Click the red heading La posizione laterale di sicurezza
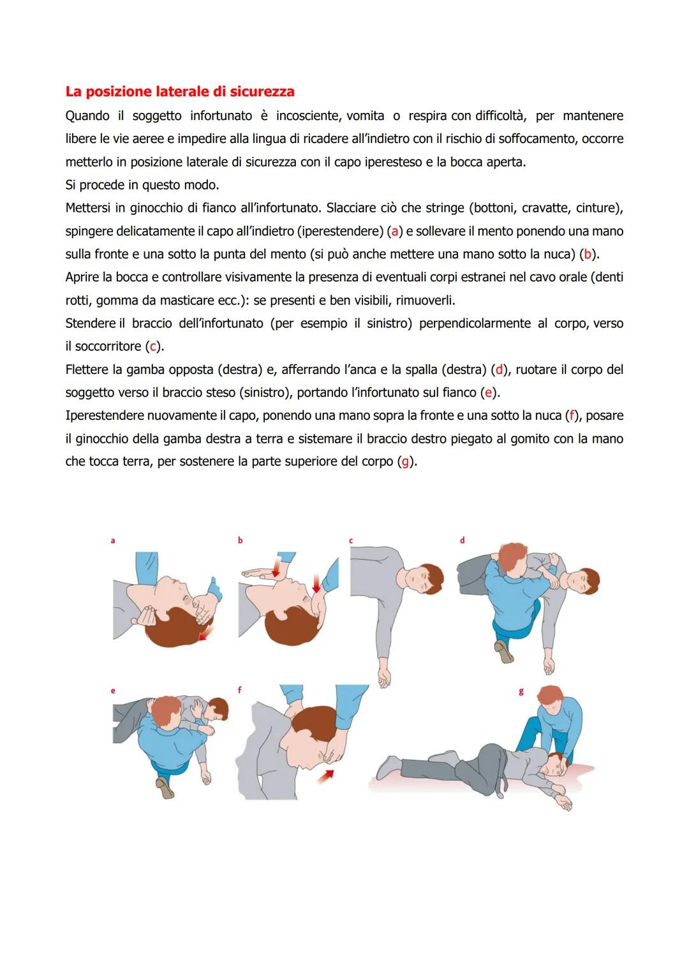coord(180,91)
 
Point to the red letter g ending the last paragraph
coord(404,461)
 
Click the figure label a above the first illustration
coord(113,541)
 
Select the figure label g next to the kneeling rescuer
coord(521,692)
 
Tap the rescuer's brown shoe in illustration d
coord(504,652)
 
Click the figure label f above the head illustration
coord(239,690)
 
